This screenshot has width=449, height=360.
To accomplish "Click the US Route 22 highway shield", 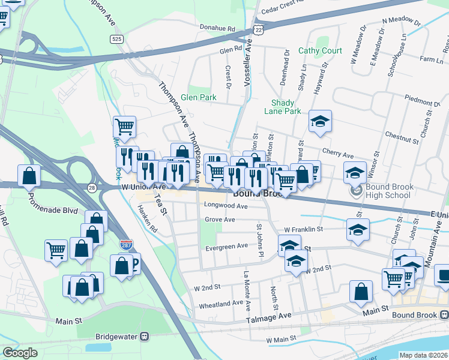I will pyautogui.click(x=257, y=29).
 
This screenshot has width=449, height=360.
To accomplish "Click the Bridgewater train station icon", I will pyautogui.click(x=145, y=337).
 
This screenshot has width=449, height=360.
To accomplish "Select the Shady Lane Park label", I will pyautogui.click(x=282, y=107).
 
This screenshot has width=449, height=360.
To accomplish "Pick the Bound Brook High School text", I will pyautogui.click(x=388, y=191).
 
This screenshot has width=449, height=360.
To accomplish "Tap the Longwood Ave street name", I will pyautogui.click(x=226, y=206).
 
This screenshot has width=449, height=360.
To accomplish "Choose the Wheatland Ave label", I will pyautogui.click(x=220, y=304).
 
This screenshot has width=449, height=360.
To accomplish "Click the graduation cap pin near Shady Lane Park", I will pyautogui.click(x=320, y=121).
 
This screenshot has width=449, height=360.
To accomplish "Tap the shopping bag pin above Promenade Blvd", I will pyautogui.click(x=29, y=176).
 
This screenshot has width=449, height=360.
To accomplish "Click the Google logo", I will pyautogui.click(x=20, y=353).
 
